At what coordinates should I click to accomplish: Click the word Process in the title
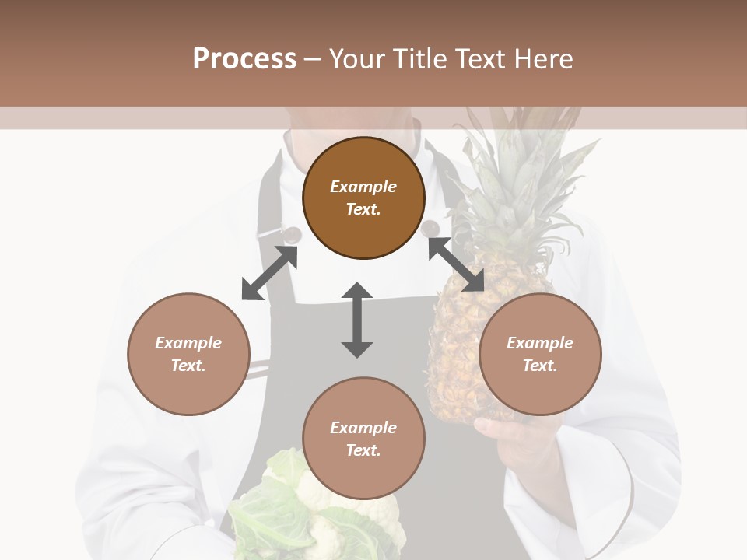(244, 59)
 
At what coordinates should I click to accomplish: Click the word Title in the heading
(420, 59)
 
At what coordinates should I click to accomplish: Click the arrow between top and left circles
(269, 273)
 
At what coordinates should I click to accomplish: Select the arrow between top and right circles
(456, 264)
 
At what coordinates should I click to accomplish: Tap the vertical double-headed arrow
(357, 320)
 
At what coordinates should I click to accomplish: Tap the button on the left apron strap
(292, 233)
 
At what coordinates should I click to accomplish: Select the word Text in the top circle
(363, 209)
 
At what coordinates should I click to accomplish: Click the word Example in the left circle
(188, 343)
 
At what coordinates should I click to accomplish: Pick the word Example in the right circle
(540, 343)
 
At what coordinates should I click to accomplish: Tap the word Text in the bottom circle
(363, 450)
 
